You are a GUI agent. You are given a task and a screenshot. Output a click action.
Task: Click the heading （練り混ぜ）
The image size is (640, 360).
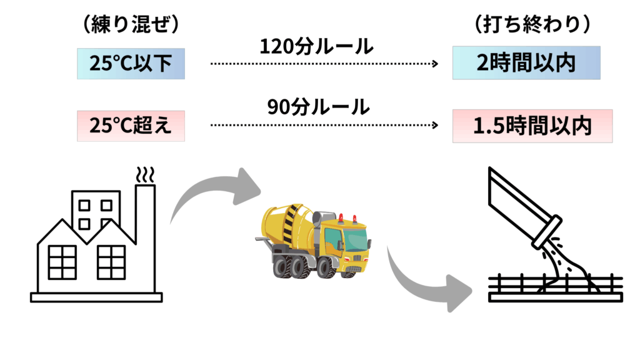tap(131, 24)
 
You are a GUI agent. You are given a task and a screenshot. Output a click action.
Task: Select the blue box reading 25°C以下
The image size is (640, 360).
tap(131, 62)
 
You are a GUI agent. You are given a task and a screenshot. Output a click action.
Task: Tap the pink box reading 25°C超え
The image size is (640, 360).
tap(131, 125)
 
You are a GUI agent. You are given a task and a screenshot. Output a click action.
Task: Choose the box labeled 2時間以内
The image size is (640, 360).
tap(526, 62)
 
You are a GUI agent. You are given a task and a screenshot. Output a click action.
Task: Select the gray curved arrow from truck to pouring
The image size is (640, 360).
tap(425, 281)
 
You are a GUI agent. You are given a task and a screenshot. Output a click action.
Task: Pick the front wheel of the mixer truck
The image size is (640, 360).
tap(324, 267)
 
